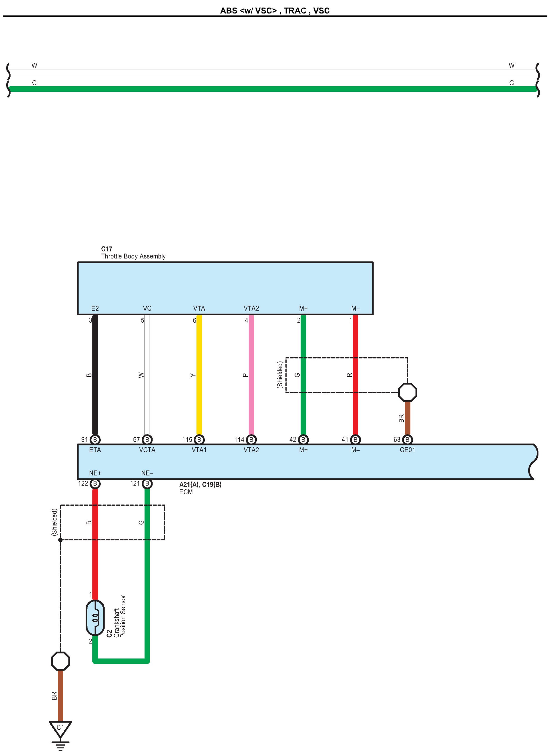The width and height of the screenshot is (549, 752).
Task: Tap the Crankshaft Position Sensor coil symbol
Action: (x=95, y=618)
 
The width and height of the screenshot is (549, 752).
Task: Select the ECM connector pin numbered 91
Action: (x=84, y=440)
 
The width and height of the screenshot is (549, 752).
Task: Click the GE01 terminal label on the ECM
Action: (x=407, y=450)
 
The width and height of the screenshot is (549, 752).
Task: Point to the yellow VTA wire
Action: (x=199, y=375)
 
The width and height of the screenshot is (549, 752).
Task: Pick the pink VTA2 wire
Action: (x=251, y=375)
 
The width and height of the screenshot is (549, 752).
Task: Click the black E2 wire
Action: (x=95, y=375)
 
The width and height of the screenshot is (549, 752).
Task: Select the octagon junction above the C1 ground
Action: (x=60, y=661)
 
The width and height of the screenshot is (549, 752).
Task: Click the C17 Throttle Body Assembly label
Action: (x=133, y=253)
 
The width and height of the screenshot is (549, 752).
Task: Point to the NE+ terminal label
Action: (x=95, y=473)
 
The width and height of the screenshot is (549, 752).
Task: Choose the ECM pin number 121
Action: (x=135, y=483)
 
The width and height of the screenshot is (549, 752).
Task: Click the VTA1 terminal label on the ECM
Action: (x=199, y=450)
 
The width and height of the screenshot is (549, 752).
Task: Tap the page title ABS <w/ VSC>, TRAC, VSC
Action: (x=275, y=11)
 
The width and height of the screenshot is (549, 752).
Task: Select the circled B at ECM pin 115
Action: (x=199, y=440)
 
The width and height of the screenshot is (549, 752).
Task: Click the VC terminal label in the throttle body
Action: (x=147, y=308)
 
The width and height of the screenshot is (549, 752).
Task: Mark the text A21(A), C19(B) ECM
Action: (x=200, y=488)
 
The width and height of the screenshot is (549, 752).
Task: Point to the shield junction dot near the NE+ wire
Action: (x=60, y=540)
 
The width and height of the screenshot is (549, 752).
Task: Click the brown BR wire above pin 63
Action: (x=407, y=418)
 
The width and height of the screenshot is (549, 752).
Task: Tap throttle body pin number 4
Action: (x=246, y=320)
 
